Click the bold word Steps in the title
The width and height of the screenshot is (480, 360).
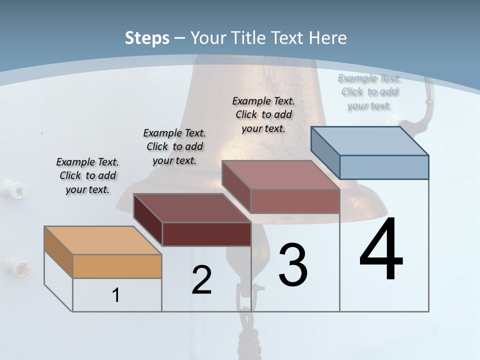click(147, 38)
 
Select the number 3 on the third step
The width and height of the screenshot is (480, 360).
click(293, 265)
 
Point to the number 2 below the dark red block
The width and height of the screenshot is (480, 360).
click(201, 280)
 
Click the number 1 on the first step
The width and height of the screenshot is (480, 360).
click(116, 295)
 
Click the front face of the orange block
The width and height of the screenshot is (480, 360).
click(117, 266)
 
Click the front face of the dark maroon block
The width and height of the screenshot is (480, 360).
click(206, 234)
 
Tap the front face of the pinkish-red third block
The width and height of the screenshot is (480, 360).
click(295, 201)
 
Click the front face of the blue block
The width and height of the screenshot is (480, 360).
click(384, 167)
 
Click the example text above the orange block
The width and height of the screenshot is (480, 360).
click(87, 175)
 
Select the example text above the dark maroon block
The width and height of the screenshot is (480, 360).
click(174, 146)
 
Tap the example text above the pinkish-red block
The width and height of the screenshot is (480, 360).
click(263, 114)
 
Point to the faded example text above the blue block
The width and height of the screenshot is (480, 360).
click(369, 91)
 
